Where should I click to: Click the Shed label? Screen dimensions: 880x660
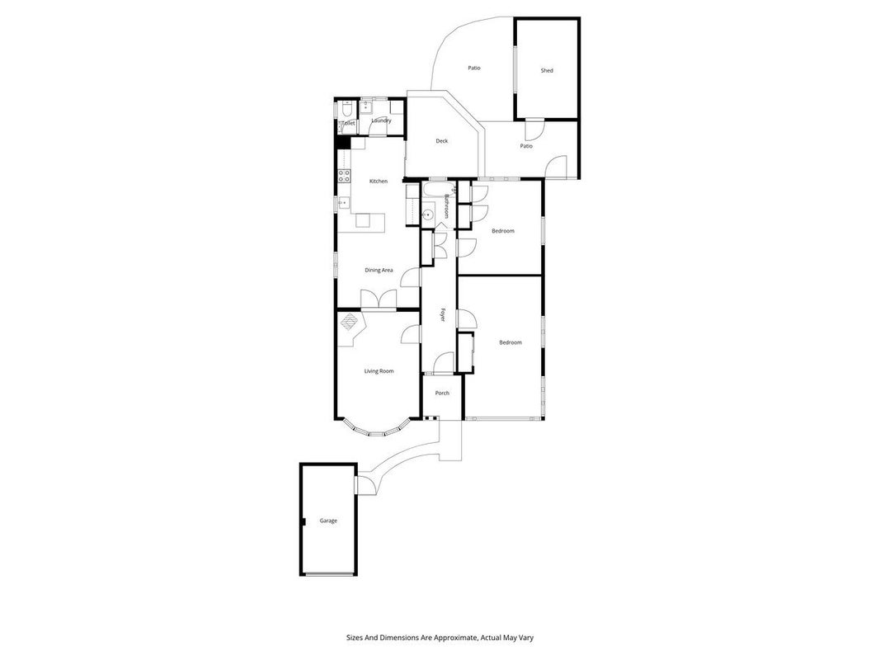click(x=547, y=71)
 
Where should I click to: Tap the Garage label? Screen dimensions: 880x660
click(x=328, y=521)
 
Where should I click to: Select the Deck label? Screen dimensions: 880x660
click(x=442, y=141)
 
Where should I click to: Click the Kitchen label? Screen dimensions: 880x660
click(x=379, y=181)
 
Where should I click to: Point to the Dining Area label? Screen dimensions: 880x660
click(x=379, y=271)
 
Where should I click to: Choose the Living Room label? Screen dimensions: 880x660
click(x=379, y=371)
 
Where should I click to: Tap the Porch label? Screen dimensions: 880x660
click(x=442, y=393)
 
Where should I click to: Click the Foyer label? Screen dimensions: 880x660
click(x=442, y=315)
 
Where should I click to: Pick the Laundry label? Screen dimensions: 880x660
click(x=381, y=120)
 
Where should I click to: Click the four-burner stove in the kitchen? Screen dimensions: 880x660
click(x=343, y=176)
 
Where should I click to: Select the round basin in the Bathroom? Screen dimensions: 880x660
click(x=428, y=214)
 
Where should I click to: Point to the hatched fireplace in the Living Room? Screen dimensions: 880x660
click(x=351, y=322)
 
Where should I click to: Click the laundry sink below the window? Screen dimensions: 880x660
click(x=367, y=106)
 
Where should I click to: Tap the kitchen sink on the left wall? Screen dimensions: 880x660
click(x=343, y=203)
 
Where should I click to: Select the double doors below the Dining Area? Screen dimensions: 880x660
click(x=379, y=299)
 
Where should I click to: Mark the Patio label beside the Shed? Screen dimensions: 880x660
click(x=526, y=146)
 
